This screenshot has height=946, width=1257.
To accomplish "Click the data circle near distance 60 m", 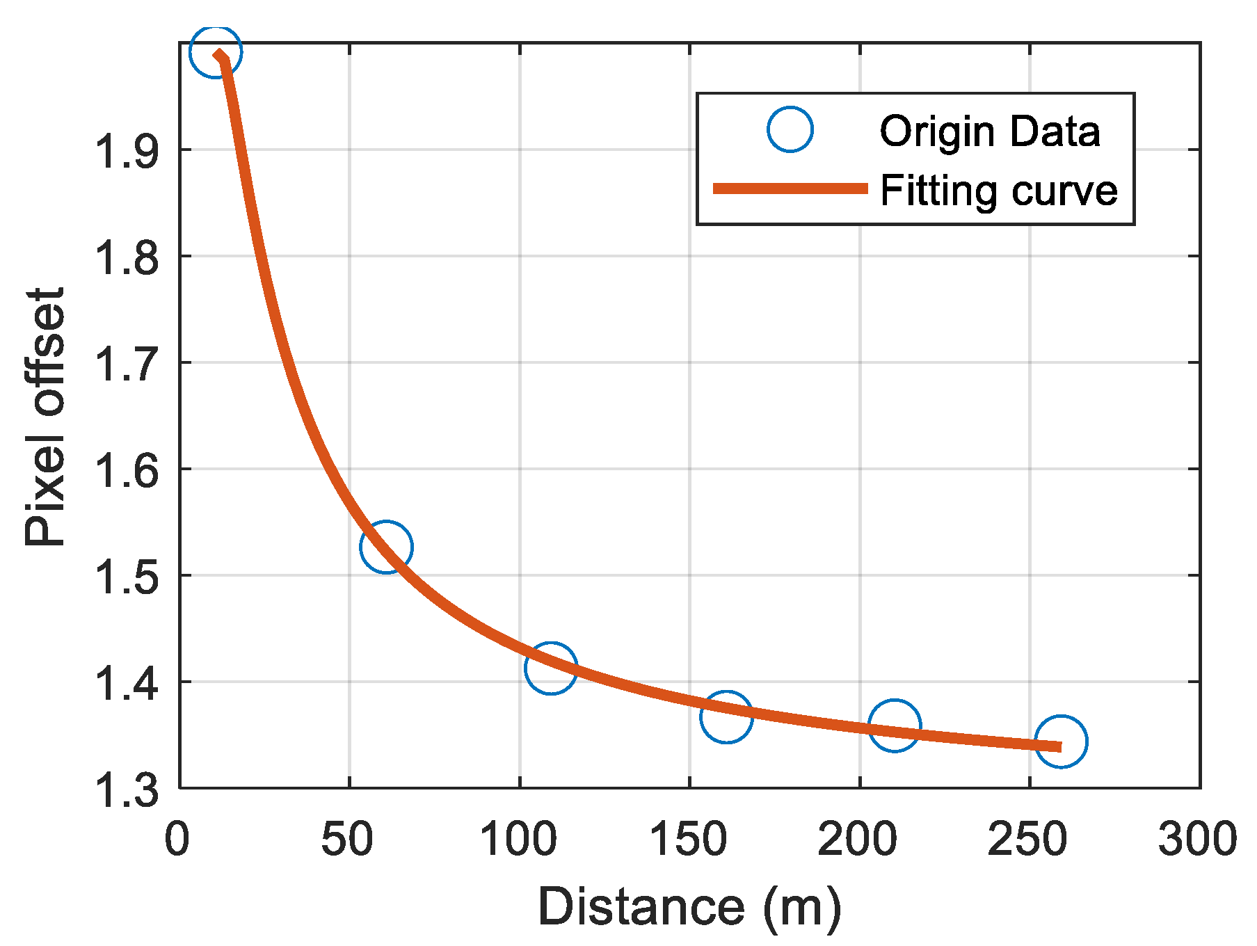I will tap(386, 547).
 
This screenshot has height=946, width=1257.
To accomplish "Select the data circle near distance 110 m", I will tap(551, 668).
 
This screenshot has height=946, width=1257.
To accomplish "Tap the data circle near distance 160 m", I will tap(726, 716).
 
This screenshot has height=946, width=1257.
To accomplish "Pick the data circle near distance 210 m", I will tap(895, 725).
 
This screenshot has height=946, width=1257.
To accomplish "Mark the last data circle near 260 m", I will tap(1061, 741).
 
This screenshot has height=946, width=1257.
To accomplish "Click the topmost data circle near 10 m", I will tap(216, 51).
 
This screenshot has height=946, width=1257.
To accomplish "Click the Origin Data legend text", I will tap(989, 131).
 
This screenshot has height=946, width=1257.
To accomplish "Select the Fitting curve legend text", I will tap(998, 190).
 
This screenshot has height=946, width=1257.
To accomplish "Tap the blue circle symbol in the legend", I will tap(790, 129).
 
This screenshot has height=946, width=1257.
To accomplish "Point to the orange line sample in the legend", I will tap(790, 189).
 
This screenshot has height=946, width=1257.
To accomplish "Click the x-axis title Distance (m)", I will tap(689, 906).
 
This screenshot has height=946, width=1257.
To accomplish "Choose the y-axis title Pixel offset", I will tap(45, 417).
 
